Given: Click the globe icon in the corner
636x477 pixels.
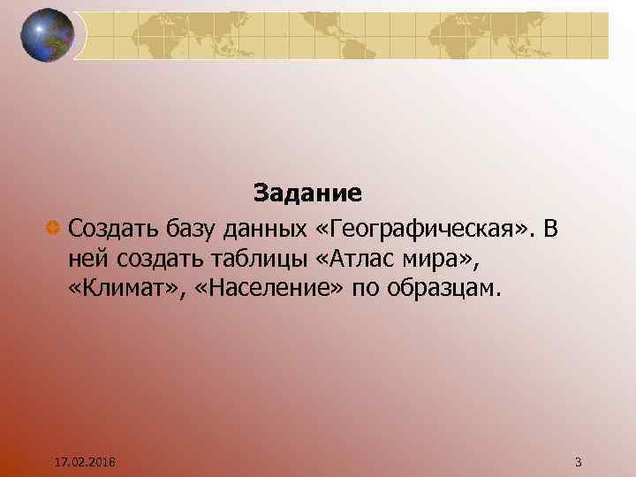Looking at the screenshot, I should (47, 35).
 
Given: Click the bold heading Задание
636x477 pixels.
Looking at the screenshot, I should (307, 192).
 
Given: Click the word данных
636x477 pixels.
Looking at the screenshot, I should (262, 230).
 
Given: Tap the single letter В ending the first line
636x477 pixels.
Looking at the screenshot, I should (551, 230).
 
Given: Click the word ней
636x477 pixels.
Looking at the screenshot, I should (85, 259).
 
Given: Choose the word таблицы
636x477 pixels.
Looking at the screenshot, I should (242, 259).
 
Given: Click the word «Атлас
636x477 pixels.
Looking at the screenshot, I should (343, 259).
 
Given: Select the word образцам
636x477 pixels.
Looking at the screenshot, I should (444, 288).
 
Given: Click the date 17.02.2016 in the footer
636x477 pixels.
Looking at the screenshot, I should (88, 462).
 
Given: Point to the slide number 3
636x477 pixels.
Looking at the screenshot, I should (578, 462).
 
